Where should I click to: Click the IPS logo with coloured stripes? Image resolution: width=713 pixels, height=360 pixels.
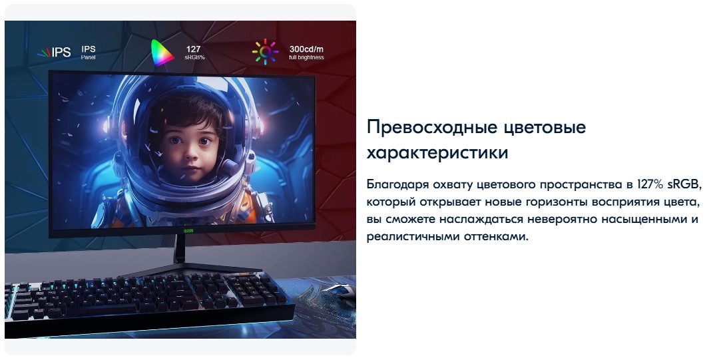click(x=54, y=53)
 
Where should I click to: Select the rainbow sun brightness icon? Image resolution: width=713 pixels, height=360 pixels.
click(x=264, y=53)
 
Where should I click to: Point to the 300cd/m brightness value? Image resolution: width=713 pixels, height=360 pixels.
click(x=307, y=49)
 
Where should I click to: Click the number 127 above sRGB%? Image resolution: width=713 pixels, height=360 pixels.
click(x=193, y=49)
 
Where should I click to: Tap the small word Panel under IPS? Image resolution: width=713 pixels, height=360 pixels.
click(x=89, y=58)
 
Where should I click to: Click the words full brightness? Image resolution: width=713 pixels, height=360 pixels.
click(x=306, y=58)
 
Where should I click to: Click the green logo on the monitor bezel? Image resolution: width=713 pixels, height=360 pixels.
click(x=181, y=232)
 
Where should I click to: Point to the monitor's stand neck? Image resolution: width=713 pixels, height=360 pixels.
click(x=180, y=252)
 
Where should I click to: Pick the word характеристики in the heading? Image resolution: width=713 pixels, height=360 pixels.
click(x=437, y=152)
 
